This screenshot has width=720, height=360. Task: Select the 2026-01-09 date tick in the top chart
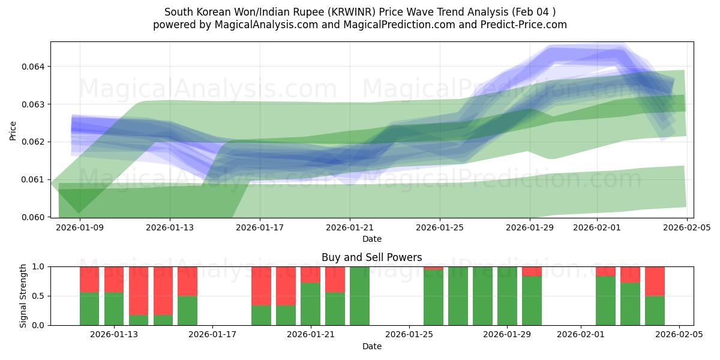pyautogui.click(x=80, y=227)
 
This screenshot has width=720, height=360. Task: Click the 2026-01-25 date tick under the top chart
pyautogui.click(x=440, y=227)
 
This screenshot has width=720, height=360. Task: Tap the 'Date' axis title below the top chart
pyautogui.click(x=371, y=239)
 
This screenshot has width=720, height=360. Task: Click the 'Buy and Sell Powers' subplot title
pyautogui.click(x=371, y=257)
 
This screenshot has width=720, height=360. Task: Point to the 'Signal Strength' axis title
pyautogui.click(x=23, y=296)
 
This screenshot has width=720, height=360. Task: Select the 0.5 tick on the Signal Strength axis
pyautogui.click(x=38, y=296)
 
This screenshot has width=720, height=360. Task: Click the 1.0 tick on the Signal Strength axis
pyautogui.click(x=38, y=266)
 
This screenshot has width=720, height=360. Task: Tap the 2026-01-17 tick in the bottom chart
pyautogui.click(x=212, y=335)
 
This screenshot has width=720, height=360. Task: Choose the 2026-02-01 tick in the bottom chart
pyautogui.click(x=581, y=335)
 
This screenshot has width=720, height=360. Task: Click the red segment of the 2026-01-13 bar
pyautogui.click(x=114, y=279)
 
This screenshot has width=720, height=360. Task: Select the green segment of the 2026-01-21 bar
pyautogui.click(x=310, y=304)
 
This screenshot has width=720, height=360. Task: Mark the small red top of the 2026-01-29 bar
pyautogui.click(x=532, y=271)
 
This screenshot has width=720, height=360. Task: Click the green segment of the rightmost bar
pyautogui.click(x=655, y=310)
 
